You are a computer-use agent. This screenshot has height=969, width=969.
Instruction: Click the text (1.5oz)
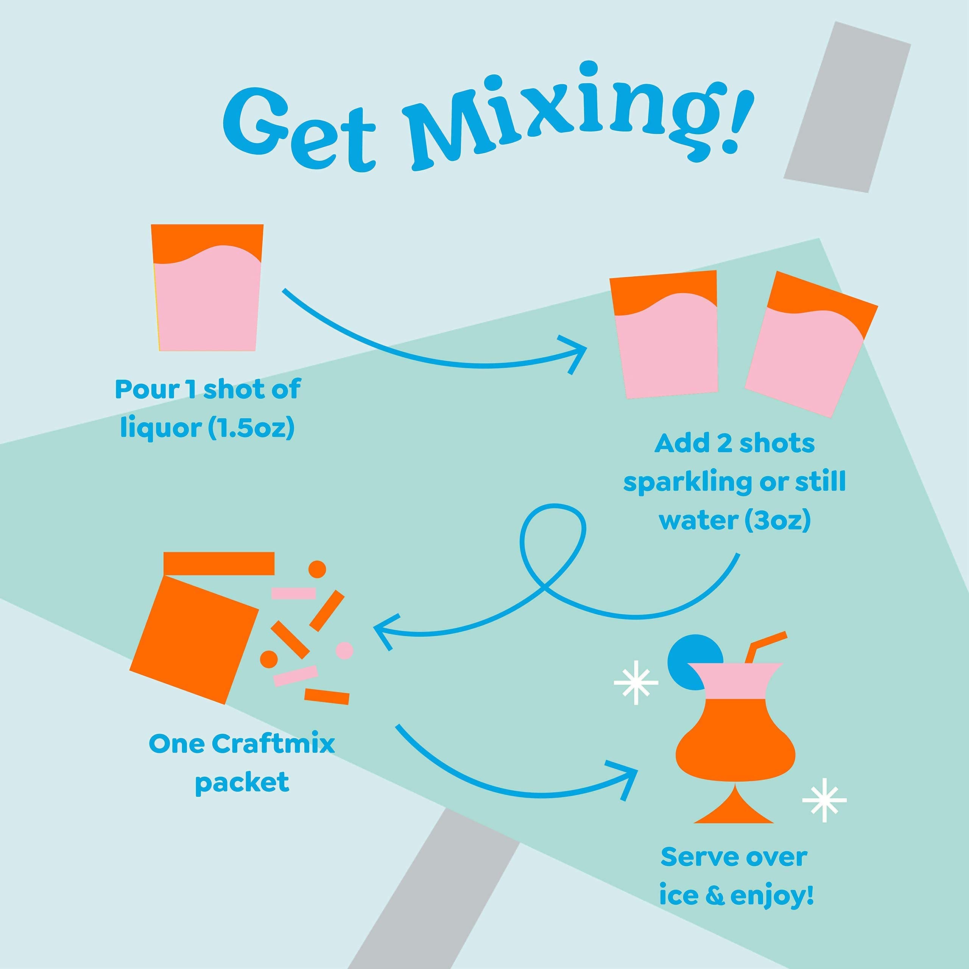tap(251, 428)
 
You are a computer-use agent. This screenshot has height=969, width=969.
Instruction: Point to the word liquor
tap(160, 428)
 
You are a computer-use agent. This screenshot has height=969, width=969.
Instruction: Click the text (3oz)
tap(777, 520)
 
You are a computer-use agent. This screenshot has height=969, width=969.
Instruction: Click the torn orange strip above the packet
tap(219, 564)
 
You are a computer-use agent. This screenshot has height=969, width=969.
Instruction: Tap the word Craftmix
tap(273, 744)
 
